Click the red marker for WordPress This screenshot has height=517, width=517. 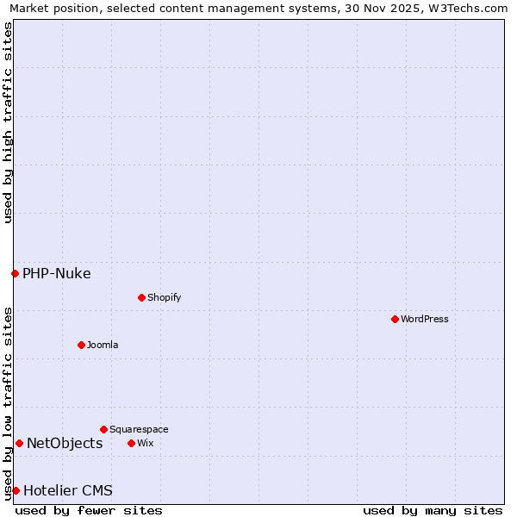coord(395,319)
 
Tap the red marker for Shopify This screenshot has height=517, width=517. coord(141,297)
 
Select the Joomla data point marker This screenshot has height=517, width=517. coord(81,345)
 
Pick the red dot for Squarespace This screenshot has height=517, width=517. coord(103,429)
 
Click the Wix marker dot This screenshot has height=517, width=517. coord(131,443)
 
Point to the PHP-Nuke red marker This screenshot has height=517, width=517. coord(15,274)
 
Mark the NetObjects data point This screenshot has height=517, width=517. coord(19,444)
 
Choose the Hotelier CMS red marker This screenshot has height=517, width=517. coord(16,490)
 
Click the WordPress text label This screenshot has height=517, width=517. coord(425,319)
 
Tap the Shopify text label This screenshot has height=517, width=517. coord(164,297)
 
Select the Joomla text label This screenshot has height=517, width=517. coord(103,345)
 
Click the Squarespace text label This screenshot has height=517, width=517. coord(139,429)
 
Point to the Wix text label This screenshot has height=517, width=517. coord(145,443)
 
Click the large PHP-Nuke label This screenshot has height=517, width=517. coord(57,274)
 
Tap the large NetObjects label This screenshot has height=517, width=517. coord(65,444)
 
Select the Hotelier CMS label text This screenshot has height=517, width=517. coord(68,491)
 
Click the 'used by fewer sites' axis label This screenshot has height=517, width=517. coord(89,510)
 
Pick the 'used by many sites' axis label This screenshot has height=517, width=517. coord(433,510)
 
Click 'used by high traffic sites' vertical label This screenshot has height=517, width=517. coord(8,122)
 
